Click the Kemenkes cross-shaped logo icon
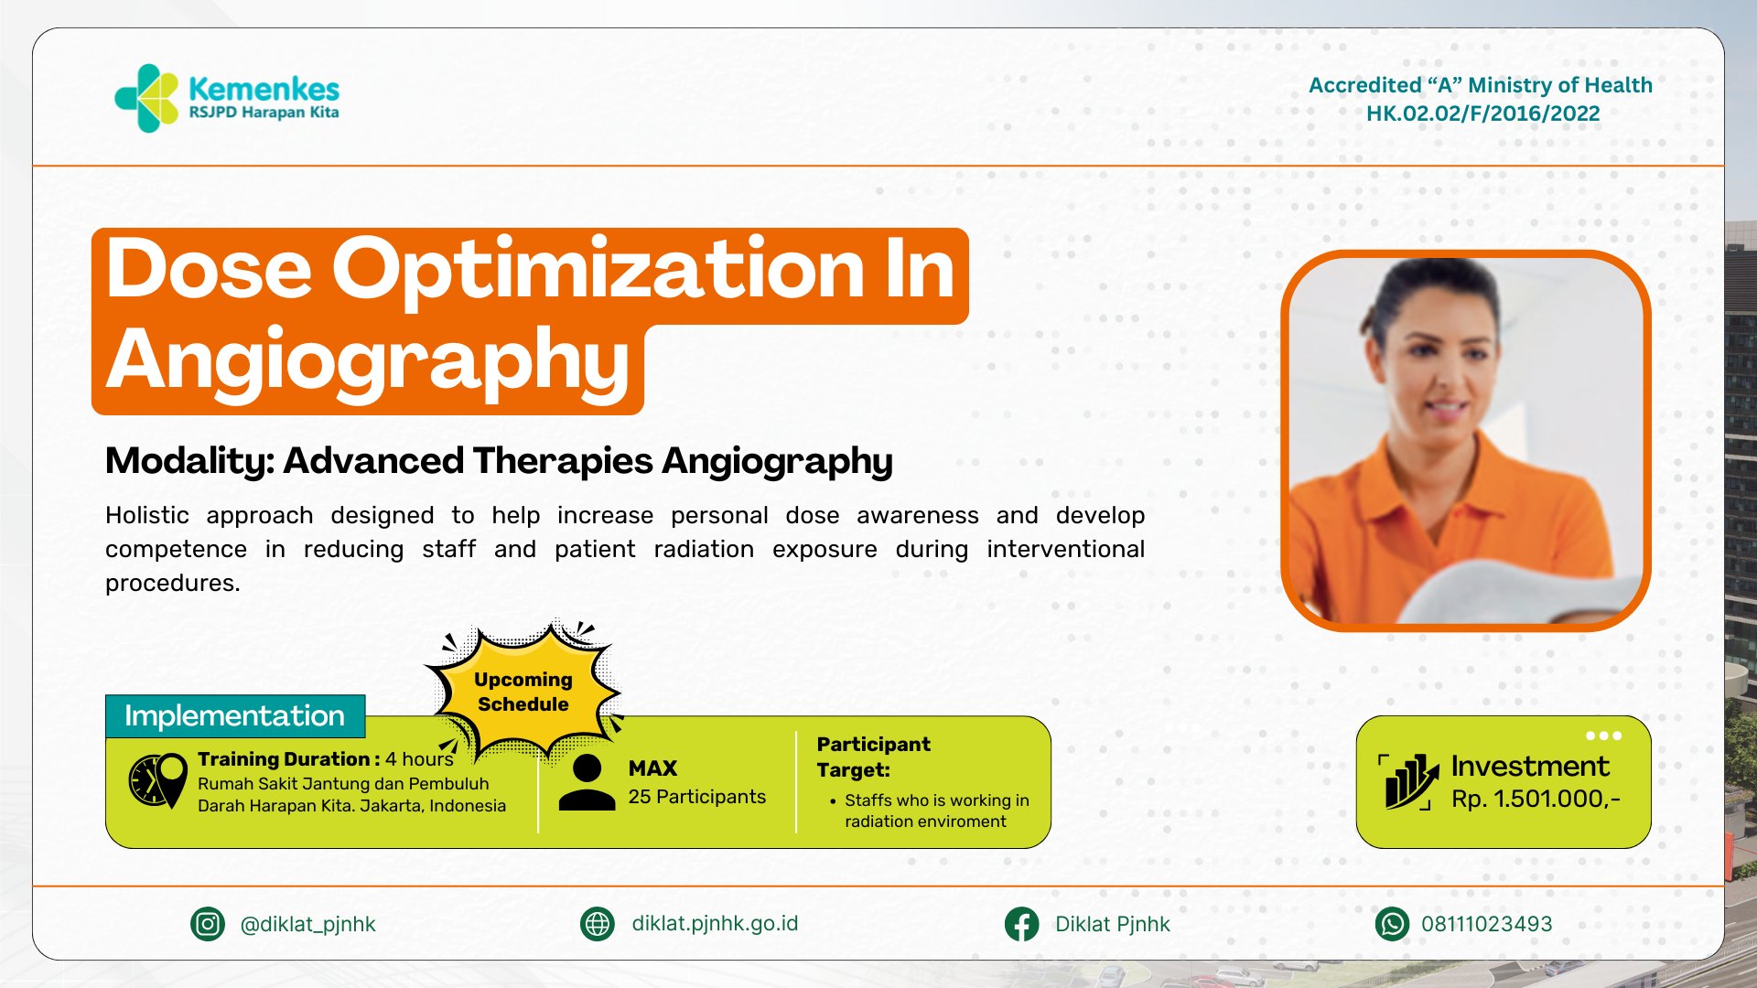146,98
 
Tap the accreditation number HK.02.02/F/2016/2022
1482,113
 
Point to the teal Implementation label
235,715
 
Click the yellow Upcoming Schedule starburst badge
523,691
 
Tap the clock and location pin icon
157,780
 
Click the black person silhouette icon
587,782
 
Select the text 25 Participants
696,797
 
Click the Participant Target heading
873,757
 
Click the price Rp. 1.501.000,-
1536,799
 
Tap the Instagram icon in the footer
208,924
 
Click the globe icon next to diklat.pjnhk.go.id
598,924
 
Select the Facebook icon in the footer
1021,924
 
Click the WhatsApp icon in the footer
1392,924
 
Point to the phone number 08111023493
1486,924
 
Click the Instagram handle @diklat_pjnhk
307,925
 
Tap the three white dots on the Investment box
1604,736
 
